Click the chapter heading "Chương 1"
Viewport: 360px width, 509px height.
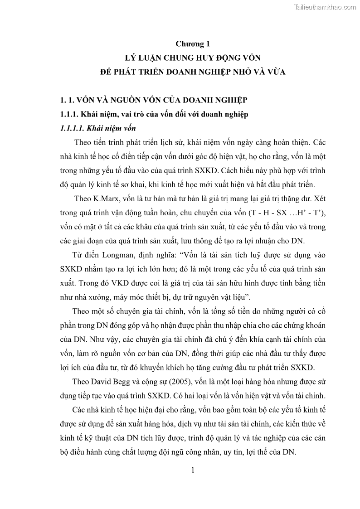(x=193, y=44)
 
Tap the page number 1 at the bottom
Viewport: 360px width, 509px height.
(x=193, y=470)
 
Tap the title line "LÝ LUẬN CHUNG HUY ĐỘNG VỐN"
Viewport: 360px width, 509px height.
(x=193, y=58)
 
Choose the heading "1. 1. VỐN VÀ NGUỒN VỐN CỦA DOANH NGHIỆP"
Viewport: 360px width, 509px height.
(x=155, y=100)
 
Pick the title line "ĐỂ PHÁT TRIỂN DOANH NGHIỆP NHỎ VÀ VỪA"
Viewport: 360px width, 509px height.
(x=193, y=72)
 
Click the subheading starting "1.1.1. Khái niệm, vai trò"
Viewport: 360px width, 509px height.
(x=154, y=114)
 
